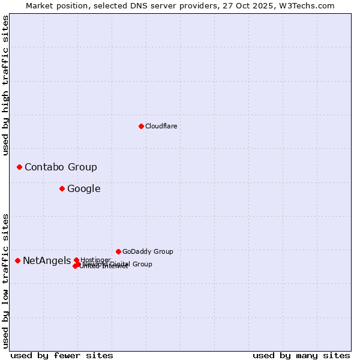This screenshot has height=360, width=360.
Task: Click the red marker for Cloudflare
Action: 141,126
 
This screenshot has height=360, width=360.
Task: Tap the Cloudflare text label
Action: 161,126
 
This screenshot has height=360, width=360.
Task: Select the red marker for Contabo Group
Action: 19,167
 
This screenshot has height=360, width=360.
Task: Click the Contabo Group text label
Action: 61,167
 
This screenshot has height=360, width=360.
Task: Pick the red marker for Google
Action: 62,188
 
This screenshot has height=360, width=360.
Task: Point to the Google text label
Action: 83,188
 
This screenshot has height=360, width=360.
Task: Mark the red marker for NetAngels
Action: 17,260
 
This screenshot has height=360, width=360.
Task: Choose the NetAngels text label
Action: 47,260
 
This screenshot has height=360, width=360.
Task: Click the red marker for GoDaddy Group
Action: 118,251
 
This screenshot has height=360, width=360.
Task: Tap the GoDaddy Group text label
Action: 148,251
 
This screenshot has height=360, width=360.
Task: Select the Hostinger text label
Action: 95,260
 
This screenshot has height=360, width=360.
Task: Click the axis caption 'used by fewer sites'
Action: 62,355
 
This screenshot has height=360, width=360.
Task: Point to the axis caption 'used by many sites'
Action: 301,355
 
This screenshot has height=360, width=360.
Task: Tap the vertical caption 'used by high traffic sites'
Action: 5,85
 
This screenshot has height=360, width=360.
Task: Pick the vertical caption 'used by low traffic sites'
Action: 5,281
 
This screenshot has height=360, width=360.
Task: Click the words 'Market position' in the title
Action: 53,5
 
